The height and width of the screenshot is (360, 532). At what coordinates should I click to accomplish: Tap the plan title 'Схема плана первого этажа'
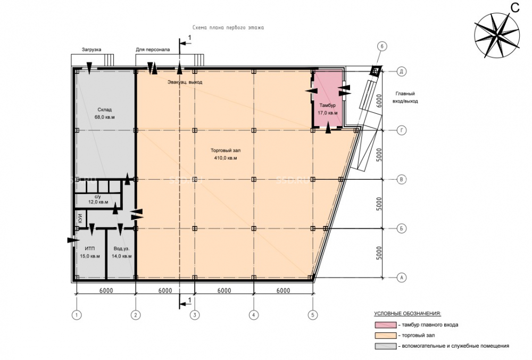click(228, 28)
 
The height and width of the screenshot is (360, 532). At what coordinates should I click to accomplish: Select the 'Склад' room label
click(104, 110)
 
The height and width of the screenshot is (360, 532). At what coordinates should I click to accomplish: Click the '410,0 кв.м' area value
click(225, 158)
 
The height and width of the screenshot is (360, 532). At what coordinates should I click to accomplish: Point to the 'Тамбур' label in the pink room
click(327, 105)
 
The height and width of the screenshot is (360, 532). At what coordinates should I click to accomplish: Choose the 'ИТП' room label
click(89, 248)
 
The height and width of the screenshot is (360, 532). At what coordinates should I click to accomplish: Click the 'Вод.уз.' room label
click(121, 248)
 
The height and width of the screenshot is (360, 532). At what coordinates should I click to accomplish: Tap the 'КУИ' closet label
click(80, 219)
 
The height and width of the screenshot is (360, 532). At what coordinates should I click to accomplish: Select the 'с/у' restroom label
click(98, 197)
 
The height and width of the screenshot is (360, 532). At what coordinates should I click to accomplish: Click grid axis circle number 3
click(194, 315)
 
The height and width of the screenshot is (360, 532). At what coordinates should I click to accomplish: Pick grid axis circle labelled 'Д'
click(401, 71)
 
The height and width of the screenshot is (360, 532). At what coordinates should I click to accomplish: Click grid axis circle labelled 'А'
click(401, 278)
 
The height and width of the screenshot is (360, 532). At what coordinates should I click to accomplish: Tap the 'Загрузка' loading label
click(92, 50)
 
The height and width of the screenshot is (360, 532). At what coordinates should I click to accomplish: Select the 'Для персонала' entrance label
click(153, 50)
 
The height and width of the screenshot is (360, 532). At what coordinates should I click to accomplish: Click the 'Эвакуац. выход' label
click(185, 82)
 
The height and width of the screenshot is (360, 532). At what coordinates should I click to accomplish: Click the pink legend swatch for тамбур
click(385, 325)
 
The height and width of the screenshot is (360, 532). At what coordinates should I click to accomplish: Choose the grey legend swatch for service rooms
click(385, 346)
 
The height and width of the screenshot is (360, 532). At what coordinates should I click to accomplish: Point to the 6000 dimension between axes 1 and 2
click(106, 291)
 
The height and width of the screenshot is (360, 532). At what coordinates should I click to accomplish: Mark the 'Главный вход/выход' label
click(405, 97)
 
